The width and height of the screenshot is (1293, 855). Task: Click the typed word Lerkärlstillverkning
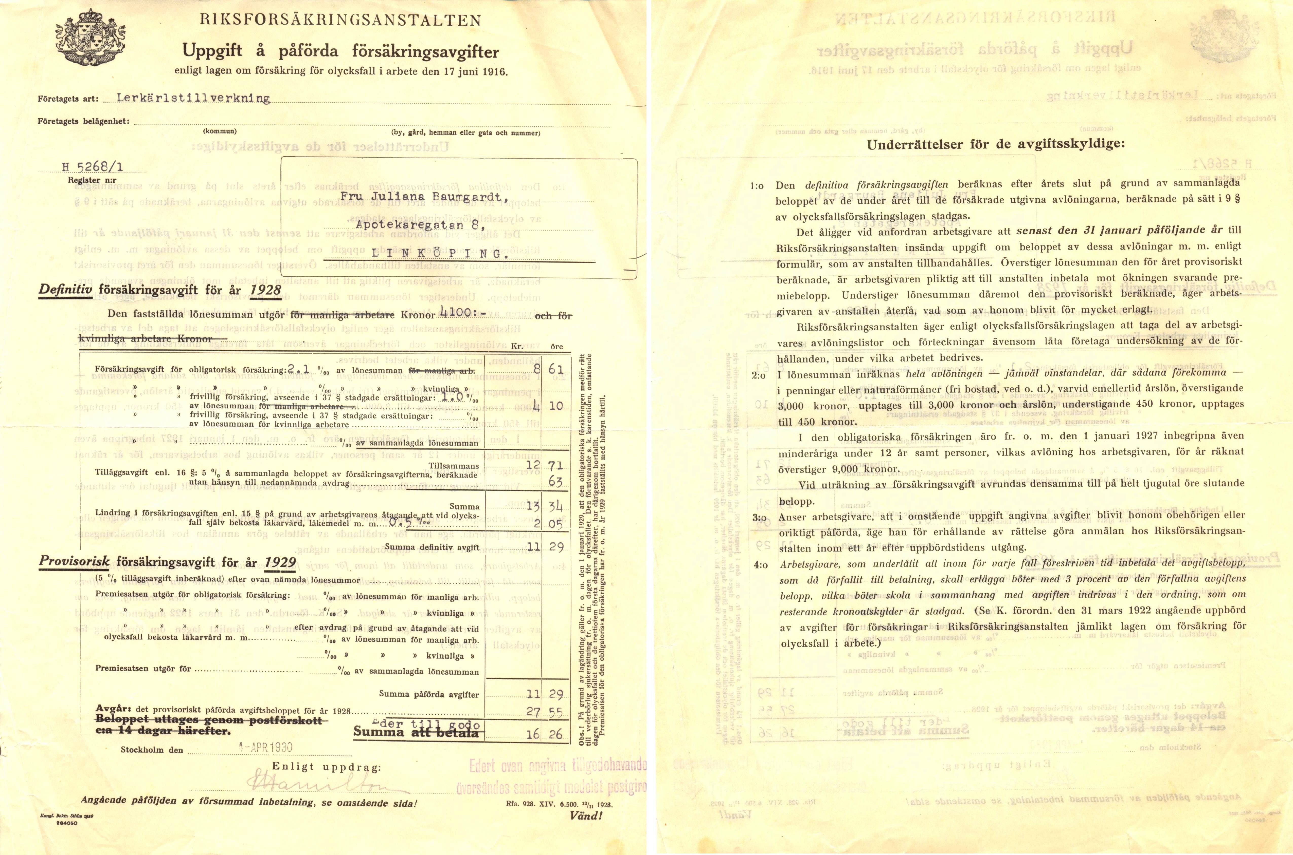(x=193, y=98)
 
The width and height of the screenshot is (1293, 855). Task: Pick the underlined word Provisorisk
(x=75, y=562)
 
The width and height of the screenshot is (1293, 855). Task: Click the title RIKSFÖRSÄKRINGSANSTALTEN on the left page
(x=340, y=21)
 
